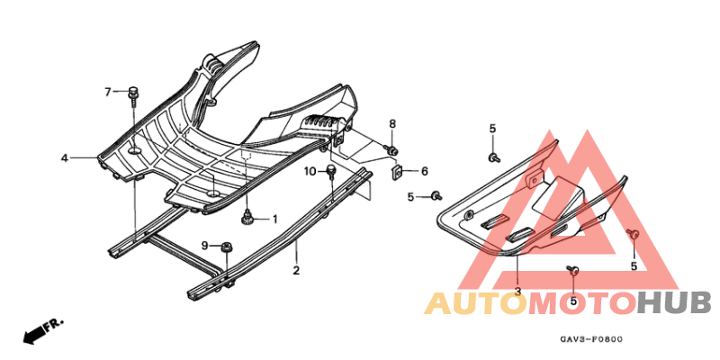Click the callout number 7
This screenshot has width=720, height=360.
click(108, 93)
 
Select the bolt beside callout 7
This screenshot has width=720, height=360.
click(133, 95)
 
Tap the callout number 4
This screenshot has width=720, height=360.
click(65, 158)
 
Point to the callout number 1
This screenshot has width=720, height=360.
click(274, 220)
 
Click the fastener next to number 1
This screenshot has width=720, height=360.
click(248, 217)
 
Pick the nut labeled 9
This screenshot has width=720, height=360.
click(226, 247)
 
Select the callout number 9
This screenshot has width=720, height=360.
click(205, 246)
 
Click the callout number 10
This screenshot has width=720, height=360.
click(310, 172)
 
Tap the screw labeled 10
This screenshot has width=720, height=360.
click(330, 171)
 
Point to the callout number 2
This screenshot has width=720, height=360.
click(296, 270)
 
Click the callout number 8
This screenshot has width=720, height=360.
click(392, 123)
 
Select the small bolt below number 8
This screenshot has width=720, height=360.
click(391, 149)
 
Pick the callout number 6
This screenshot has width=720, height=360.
click(424, 172)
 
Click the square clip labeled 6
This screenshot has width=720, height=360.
click(397, 173)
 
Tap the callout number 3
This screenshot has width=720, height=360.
click(518, 291)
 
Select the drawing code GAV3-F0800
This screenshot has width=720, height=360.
click(591, 340)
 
